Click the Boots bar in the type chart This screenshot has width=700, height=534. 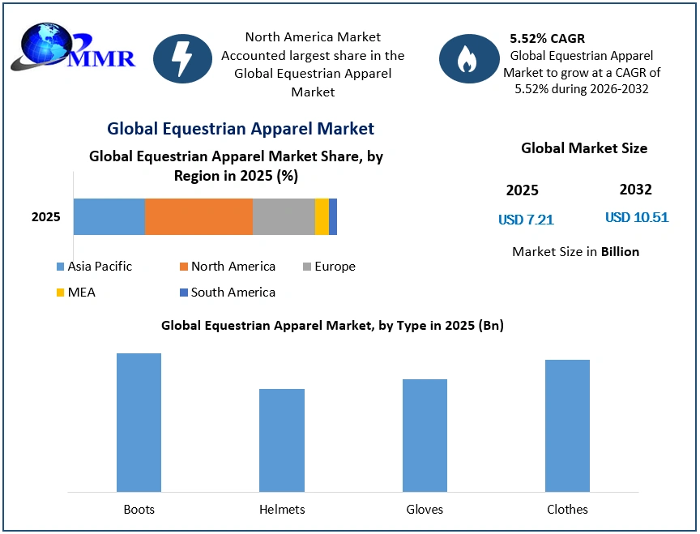click(x=139, y=422)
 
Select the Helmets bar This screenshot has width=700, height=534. click(x=282, y=440)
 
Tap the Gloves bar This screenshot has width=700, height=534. click(x=425, y=435)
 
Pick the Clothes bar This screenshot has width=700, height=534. click(x=567, y=425)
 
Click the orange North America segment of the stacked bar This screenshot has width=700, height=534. click(x=198, y=216)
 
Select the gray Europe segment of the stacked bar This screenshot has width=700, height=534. click(x=284, y=216)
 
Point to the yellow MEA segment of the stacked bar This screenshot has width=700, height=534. click(x=322, y=216)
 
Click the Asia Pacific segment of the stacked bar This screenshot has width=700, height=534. click(x=109, y=216)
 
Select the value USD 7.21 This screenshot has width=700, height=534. click(x=526, y=220)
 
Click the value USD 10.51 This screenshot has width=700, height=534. click(x=636, y=217)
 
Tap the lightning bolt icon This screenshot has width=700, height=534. click(x=182, y=58)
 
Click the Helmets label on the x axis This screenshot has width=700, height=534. click(x=282, y=509)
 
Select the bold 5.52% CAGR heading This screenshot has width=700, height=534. click(x=547, y=38)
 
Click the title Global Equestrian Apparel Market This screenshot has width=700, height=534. click(x=241, y=128)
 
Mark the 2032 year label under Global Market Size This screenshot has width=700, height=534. click(x=635, y=190)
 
